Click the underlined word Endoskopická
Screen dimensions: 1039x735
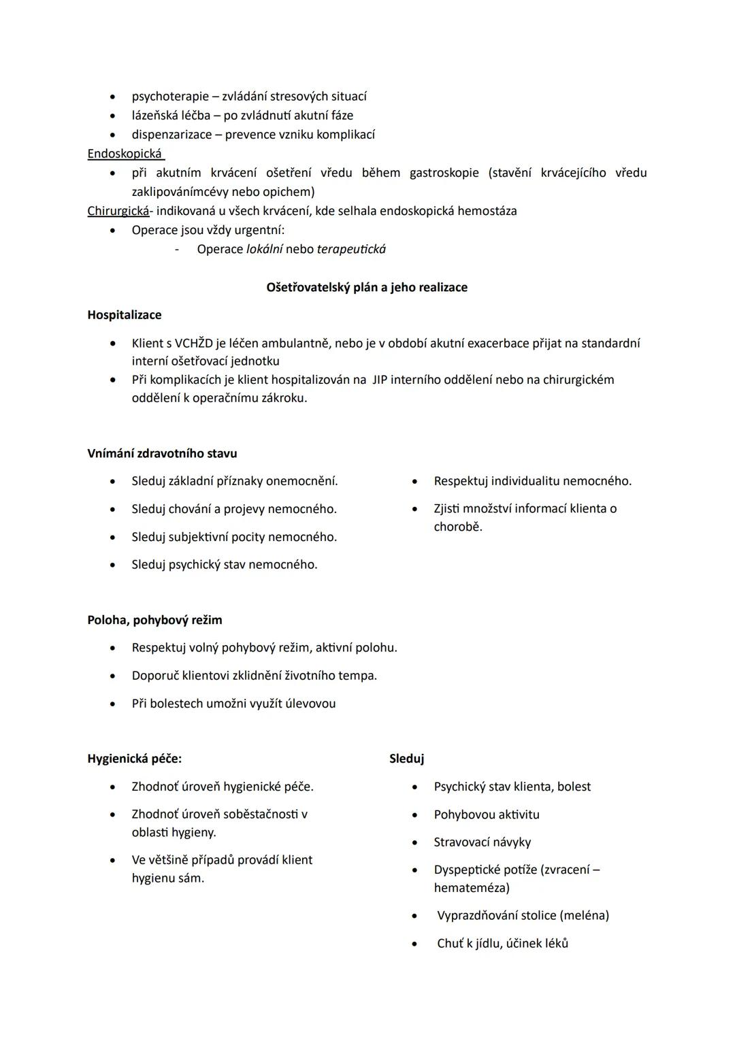tap(125, 154)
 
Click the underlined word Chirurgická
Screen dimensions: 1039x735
tap(118, 211)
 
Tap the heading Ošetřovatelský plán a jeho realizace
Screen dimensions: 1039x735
tap(367, 288)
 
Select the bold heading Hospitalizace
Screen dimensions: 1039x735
tap(125, 315)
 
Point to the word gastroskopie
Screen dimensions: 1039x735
tap(444, 173)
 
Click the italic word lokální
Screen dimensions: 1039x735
tap(264, 249)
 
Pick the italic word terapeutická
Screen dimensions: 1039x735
tap(351, 249)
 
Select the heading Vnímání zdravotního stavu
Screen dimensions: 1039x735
tap(162, 453)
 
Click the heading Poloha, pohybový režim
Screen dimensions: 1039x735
tap(154, 620)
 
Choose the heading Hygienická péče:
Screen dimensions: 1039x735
tap(134, 759)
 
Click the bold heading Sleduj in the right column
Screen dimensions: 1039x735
tap(406, 759)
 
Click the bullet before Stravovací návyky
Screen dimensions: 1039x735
tap(414, 843)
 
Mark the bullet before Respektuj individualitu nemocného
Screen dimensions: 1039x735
tap(414, 482)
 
